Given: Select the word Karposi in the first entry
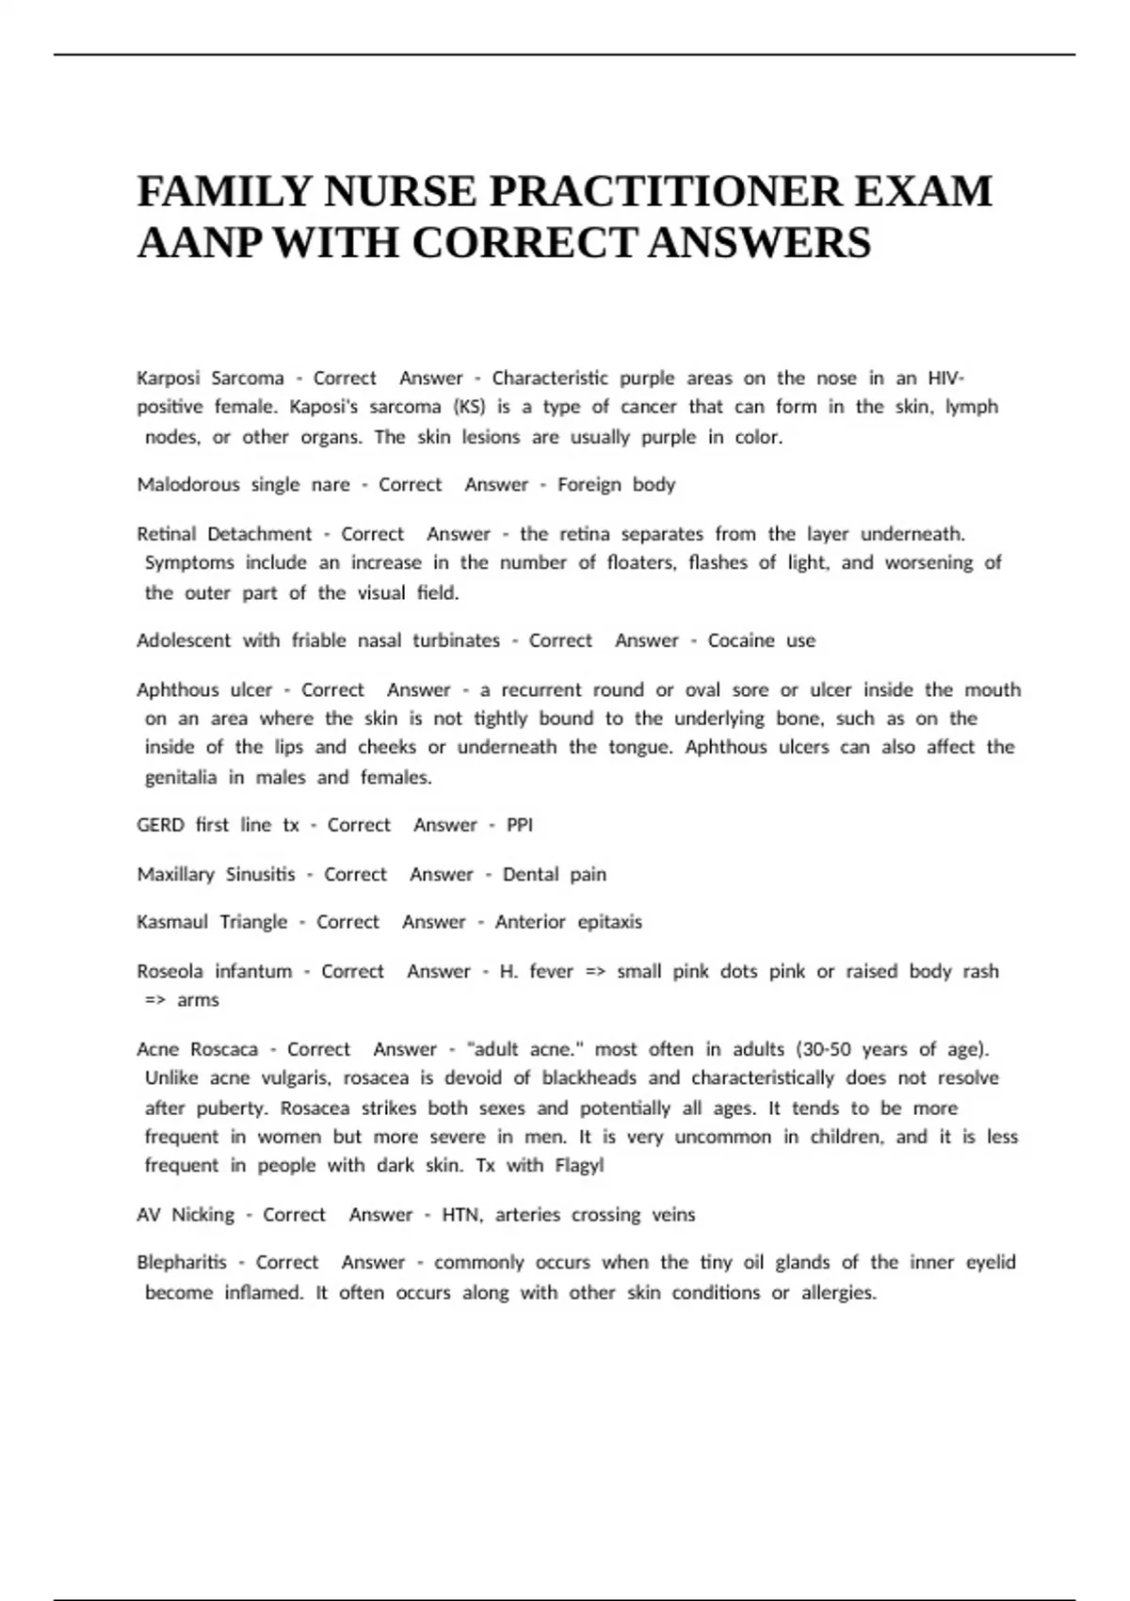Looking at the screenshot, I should click(169, 379).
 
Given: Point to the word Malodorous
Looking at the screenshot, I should click(188, 485).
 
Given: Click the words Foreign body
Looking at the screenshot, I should click(616, 485).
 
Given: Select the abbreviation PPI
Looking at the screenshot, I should click(520, 825).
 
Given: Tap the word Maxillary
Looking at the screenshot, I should click(176, 874).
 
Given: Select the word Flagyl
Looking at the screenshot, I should click(579, 1166).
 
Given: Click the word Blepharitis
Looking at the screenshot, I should click(182, 1263).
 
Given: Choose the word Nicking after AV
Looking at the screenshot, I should click(202, 1215).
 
